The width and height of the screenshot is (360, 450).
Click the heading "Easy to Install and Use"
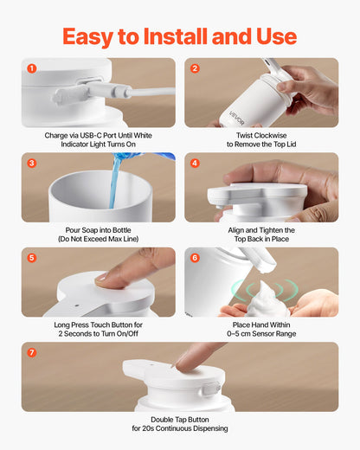[179, 35]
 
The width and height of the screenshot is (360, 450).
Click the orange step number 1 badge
[32, 68]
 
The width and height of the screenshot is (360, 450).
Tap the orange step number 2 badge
[195, 68]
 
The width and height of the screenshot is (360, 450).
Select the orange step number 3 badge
[32, 163]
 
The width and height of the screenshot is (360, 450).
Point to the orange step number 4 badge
[195, 163]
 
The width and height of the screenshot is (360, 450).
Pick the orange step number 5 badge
[32, 257]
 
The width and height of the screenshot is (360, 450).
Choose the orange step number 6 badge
[195, 257]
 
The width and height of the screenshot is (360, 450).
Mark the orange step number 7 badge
[32, 352]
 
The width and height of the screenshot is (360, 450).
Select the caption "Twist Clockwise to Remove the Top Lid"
[261, 140]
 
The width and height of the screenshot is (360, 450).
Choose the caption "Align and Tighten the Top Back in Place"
[261, 235]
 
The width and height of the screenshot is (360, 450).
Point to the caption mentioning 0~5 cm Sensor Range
[261, 329]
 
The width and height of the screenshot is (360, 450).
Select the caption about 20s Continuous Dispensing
[179, 423]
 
